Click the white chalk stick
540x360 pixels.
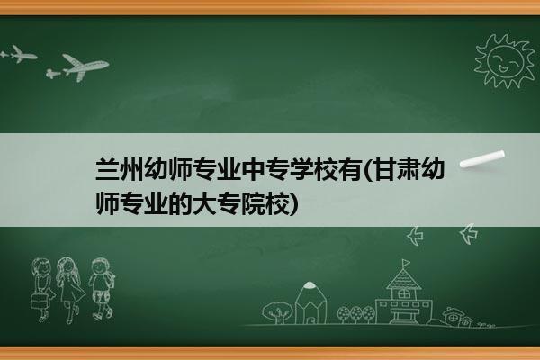click(482, 159)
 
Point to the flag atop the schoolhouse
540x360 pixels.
click(406, 263)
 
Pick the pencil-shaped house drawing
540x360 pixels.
click(310, 302)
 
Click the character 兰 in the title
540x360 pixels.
click(107, 170)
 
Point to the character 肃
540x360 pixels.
click(409, 170)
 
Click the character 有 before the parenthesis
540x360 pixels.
click(349, 170)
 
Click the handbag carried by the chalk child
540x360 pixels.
click(38, 301)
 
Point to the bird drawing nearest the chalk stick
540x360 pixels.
click(468, 234)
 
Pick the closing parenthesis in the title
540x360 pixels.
click(292, 204)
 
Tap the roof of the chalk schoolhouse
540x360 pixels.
click(403, 278)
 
